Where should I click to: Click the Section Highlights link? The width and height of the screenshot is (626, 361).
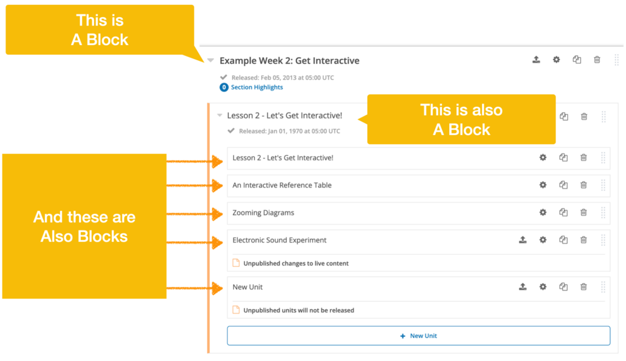click(256, 87)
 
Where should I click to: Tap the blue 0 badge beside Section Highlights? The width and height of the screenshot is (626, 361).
click(224, 87)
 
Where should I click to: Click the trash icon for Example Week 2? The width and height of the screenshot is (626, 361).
click(597, 60)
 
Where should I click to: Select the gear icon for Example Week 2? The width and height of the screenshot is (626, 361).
click(556, 60)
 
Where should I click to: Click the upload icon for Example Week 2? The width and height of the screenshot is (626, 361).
click(536, 60)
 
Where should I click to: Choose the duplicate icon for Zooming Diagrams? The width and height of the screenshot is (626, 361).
click(563, 213)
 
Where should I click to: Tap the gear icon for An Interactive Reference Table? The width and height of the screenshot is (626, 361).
click(543, 185)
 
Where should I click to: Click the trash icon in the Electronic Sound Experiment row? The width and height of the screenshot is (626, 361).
click(583, 240)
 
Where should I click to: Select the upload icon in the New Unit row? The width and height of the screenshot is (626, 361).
click(523, 287)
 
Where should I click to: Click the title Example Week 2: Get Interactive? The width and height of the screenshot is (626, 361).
click(289, 61)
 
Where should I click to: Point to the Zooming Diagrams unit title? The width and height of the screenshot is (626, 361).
click(263, 213)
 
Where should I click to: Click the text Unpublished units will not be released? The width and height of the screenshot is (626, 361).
click(298, 311)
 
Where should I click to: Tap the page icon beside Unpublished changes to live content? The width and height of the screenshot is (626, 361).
click(236, 263)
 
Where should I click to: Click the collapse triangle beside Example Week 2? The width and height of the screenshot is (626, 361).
click(210, 60)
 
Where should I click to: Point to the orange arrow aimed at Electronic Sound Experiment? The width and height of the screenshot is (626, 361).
click(195, 242)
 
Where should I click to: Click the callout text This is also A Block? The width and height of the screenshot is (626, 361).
click(461, 119)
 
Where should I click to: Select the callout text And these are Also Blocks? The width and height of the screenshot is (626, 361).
click(84, 227)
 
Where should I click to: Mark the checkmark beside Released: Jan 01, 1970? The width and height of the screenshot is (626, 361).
click(231, 131)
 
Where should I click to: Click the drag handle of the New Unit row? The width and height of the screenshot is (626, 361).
click(604, 287)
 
